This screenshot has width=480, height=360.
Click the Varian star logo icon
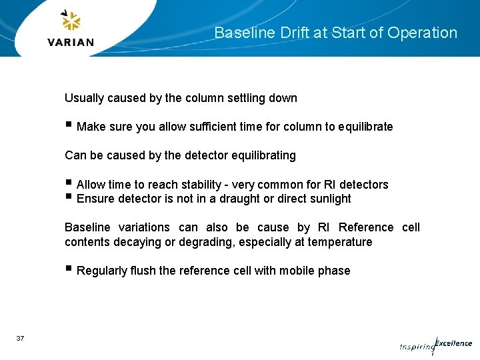70,21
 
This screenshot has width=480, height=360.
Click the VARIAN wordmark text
71,42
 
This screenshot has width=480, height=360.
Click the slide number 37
20,339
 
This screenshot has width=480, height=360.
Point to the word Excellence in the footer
454,343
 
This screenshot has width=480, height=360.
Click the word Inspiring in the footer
416,347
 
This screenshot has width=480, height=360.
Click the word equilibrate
365,127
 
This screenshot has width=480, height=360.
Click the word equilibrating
263,155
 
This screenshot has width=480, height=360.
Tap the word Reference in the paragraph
366,227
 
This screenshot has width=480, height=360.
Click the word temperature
340,242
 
